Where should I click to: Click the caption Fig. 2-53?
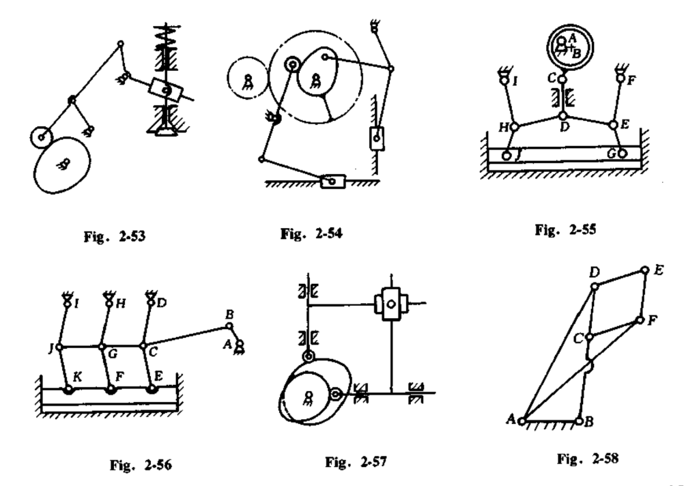115,236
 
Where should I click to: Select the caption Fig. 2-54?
311,233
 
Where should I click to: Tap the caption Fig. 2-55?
565,230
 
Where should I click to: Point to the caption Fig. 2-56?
141,465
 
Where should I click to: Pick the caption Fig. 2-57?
356,462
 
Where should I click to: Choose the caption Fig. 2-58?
588,459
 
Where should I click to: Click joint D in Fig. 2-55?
562,116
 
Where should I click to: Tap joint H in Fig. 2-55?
514,127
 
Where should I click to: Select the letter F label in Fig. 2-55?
631,81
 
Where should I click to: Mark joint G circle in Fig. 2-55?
622,154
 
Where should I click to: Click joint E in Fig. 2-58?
644,270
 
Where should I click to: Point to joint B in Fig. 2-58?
579,420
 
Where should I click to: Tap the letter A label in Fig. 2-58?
511,418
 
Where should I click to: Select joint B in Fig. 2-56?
229,326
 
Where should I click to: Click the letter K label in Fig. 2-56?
76,377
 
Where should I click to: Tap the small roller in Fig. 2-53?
42,137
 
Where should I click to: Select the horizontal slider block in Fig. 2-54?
332,182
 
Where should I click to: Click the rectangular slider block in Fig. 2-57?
391,304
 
